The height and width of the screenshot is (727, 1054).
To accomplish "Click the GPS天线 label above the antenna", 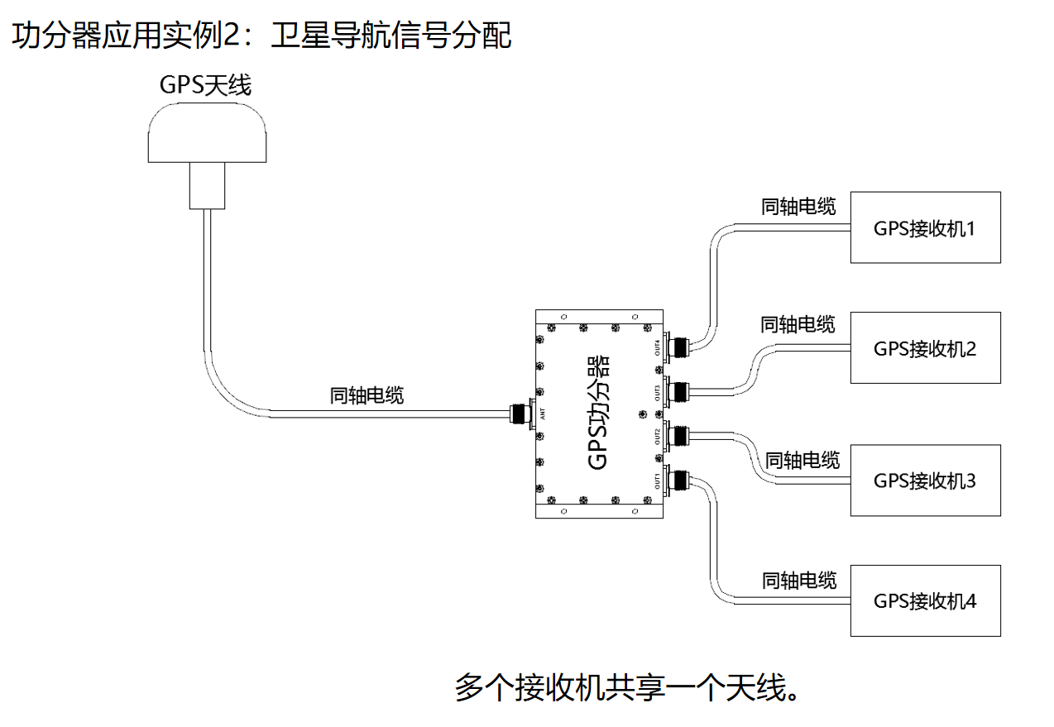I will click(205, 84).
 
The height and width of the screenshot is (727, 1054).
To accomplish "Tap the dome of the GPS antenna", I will click(208, 137).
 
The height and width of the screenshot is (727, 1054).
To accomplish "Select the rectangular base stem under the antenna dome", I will click(207, 185).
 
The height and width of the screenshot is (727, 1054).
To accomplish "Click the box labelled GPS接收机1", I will click(925, 228).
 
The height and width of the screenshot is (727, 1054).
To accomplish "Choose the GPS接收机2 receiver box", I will click(925, 348).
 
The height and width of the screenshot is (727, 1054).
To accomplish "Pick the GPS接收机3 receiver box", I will click(925, 481).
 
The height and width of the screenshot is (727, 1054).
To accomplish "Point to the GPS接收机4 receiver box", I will click(925, 601).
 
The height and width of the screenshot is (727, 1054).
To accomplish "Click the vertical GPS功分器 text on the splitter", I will click(598, 414).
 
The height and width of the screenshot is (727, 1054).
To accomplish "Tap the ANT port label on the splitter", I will click(543, 414).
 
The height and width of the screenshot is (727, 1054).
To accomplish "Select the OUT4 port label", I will click(658, 347).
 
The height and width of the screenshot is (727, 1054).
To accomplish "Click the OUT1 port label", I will click(658, 481).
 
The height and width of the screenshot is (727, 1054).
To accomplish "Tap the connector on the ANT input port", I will click(522, 412).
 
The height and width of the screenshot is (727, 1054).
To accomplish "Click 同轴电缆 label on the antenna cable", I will click(367, 395).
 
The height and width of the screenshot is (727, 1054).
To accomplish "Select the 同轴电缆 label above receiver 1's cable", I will click(798, 206).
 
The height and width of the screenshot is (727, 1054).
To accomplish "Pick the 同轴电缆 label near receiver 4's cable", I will click(799, 580).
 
